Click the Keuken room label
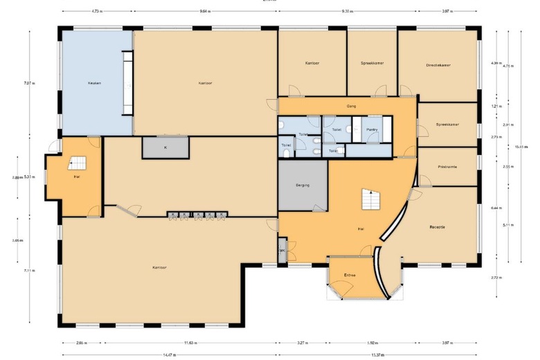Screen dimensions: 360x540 coord(95,83)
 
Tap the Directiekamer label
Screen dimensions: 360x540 coord(438,65)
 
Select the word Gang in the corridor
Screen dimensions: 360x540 coord(351,107)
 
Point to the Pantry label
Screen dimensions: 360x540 coord(372,129)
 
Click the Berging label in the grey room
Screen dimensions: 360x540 coord(302,185)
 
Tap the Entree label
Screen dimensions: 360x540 coord(350,276)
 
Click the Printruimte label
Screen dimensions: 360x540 coord(447,166)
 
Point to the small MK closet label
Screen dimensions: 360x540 coord(282,251)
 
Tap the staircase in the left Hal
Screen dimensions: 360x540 coord(78,164)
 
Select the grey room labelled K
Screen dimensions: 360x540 coord(165,147)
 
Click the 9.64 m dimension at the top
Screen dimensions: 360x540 coord(205,11)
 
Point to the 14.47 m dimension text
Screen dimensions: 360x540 coord(168,354)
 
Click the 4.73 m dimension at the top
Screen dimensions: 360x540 coord(98,11)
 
